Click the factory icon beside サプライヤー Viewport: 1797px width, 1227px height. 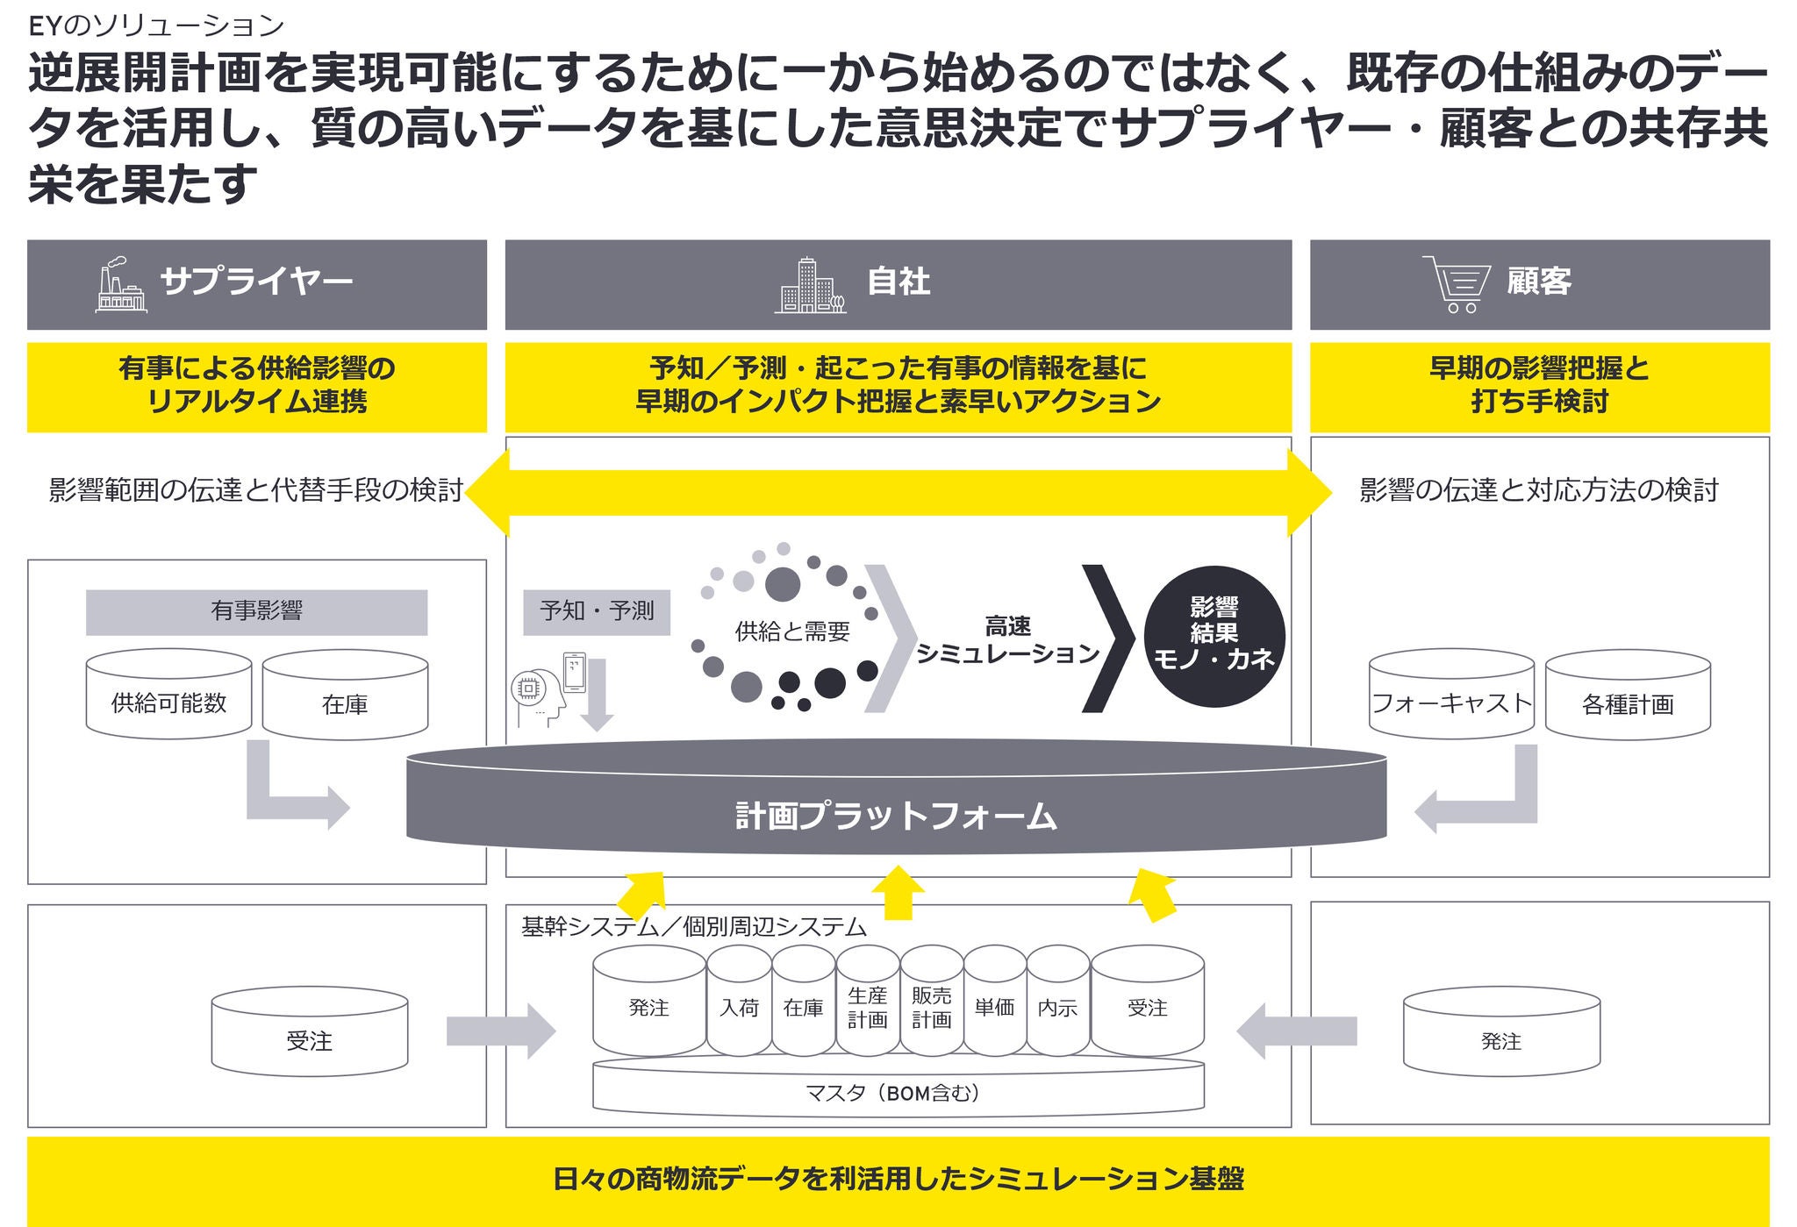pos(121,285)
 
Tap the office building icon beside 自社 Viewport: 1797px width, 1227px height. pos(810,286)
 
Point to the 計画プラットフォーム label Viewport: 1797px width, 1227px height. pos(896,817)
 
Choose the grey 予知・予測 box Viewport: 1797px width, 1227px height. pos(597,611)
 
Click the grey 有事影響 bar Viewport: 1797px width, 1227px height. pos(256,611)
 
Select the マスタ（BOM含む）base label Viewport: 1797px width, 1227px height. pos(897,1093)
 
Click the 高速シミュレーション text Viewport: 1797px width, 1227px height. pos(1007,640)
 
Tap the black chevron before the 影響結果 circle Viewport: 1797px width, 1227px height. pos(1105,638)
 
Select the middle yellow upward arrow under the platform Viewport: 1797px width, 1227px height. pos(898,892)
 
